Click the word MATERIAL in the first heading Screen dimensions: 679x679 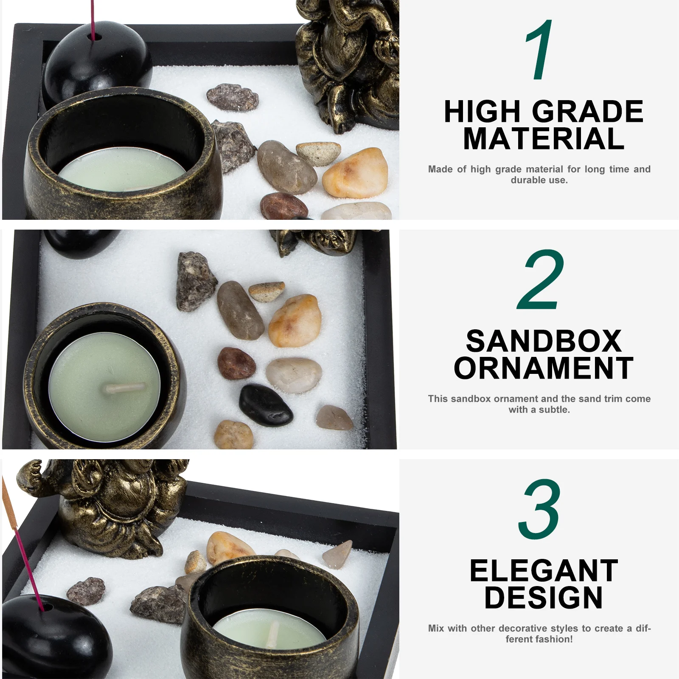click(544, 139)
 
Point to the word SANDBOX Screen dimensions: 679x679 click(544, 341)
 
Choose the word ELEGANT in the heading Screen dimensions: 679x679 click(544, 571)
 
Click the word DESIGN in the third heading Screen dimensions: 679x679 click(544, 598)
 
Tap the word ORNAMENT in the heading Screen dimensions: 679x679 click(544, 368)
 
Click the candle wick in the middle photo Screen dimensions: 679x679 click(126, 387)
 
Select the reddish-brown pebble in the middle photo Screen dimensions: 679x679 click(236, 363)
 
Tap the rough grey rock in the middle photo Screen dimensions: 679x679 click(195, 281)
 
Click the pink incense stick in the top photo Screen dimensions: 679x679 click(91, 19)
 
